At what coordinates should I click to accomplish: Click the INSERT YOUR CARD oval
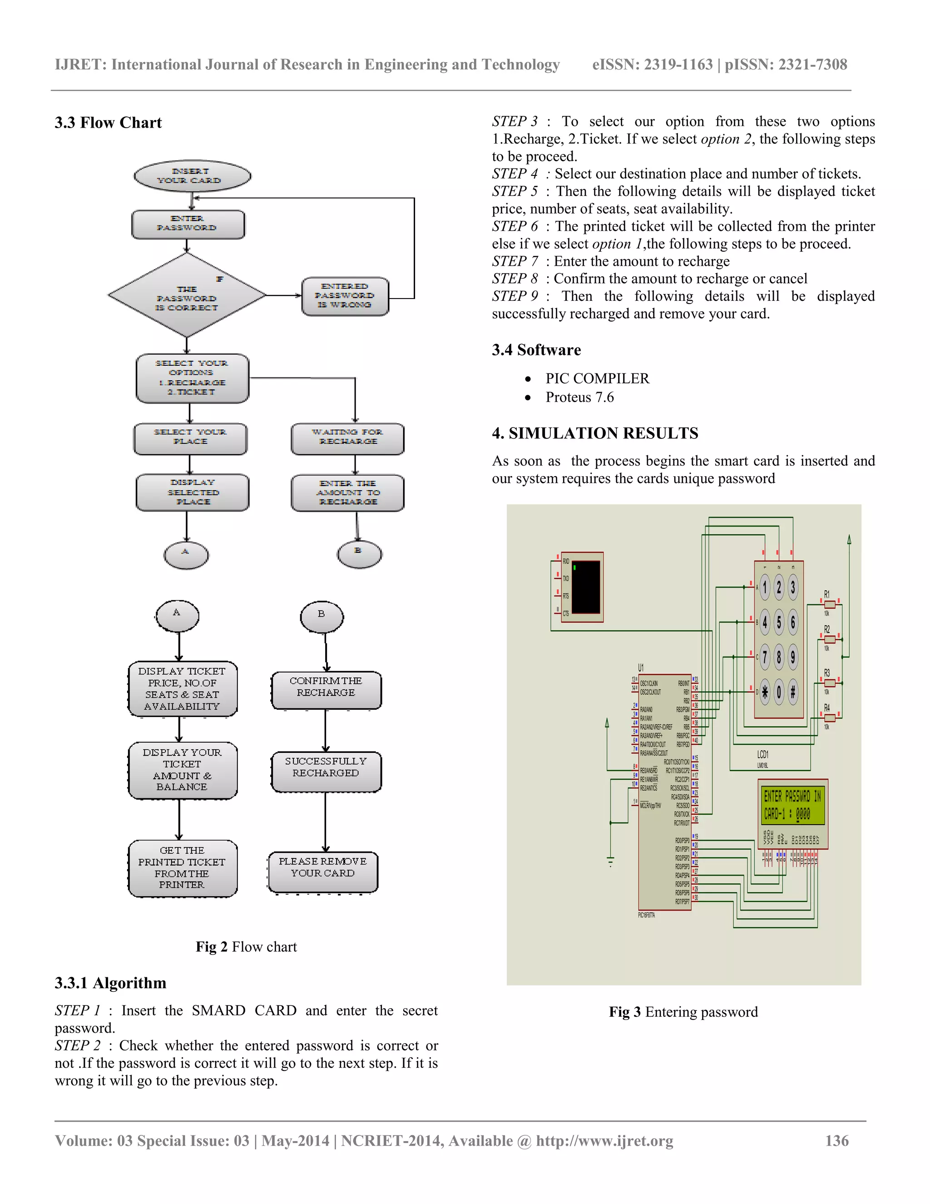[192, 176]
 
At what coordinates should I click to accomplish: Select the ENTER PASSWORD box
[188, 224]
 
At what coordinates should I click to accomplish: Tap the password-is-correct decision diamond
[187, 295]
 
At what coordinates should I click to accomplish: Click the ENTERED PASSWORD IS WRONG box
[345, 296]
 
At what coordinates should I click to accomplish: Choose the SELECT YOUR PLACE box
[190, 438]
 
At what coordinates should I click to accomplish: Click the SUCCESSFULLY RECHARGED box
[326, 771]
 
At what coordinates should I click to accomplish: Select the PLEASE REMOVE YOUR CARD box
[323, 871]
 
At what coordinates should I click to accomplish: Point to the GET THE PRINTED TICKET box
[183, 868]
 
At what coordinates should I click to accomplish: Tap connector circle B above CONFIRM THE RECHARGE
[322, 617]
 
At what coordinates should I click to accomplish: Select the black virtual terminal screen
[586, 587]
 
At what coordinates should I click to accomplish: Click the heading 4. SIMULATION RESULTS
[594, 433]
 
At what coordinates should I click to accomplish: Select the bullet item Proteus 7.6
[579, 398]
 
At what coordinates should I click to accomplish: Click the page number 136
[836, 1140]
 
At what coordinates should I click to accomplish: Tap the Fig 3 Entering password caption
[683, 1012]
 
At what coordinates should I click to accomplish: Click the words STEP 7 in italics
[514, 261]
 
